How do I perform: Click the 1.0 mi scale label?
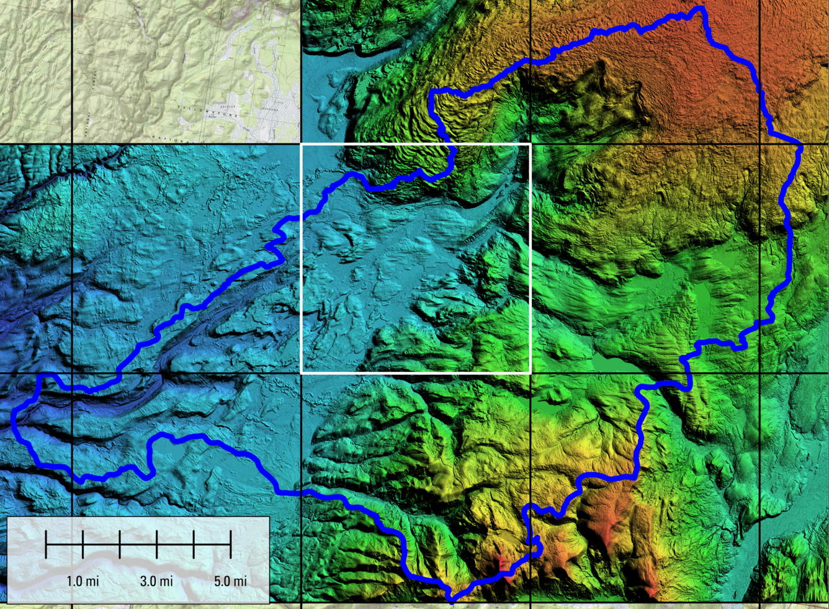point(83,582)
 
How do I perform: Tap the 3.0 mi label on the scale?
point(156,582)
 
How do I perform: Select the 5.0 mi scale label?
point(231,582)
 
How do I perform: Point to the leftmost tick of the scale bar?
point(47,544)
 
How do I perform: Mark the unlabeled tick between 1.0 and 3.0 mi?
point(120,544)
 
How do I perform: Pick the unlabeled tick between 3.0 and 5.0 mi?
point(194,544)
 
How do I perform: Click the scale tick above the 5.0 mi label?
point(231,544)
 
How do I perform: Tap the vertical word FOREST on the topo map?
point(95,81)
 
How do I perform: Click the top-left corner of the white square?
point(302,145)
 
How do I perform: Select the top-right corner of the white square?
point(531,145)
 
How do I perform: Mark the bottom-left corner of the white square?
point(302,373)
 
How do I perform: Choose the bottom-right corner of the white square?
point(531,373)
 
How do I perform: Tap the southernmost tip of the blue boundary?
point(452,600)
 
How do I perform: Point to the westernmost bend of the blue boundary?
point(14,425)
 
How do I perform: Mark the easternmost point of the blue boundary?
point(801,147)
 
